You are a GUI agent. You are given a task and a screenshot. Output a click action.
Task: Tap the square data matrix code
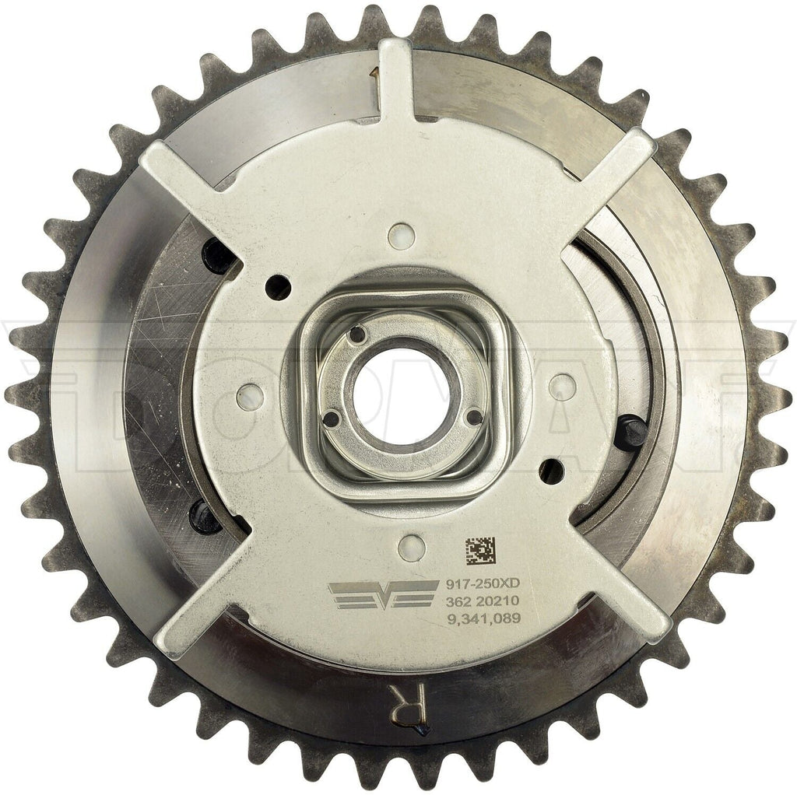pos(480,551)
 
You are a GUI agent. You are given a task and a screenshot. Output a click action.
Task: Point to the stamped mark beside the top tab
pos(375,79)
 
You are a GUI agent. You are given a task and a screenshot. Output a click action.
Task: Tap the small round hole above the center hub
pos(401,235)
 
